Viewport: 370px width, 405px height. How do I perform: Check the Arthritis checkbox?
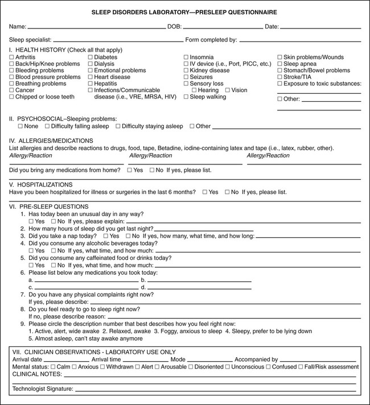[x=12, y=57]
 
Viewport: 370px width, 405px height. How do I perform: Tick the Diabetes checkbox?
[x=91, y=57]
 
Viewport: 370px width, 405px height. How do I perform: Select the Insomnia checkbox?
[x=186, y=57]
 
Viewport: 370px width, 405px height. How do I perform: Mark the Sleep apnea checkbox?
[x=279, y=64]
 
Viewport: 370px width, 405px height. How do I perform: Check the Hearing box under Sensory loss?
[x=195, y=90]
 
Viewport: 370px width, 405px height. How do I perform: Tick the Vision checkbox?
[x=228, y=90]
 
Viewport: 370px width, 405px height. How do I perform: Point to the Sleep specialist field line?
[x=117, y=40]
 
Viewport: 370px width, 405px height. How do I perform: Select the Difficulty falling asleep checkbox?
[x=48, y=126]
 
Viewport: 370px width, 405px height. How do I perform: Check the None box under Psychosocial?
[x=20, y=126]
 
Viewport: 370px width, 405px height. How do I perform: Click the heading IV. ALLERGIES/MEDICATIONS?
[x=52, y=140]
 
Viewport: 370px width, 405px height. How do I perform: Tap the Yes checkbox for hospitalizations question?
[x=205, y=192]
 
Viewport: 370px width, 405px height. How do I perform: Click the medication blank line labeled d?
[x=199, y=287]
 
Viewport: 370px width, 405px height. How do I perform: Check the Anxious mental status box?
[x=74, y=367]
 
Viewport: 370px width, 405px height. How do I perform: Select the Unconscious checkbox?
[x=228, y=367]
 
